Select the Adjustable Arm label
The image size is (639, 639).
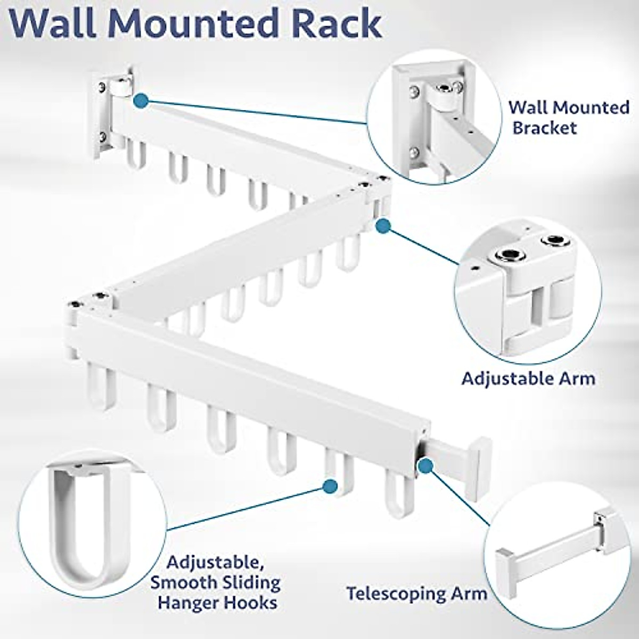click(528, 379)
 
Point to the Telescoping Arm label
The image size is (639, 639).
click(416, 593)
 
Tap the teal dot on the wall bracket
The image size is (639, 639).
click(141, 100)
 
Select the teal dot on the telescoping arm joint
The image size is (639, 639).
click(424, 466)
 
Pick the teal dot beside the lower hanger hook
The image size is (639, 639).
click(330, 485)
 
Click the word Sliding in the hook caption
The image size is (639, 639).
click(250, 582)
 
